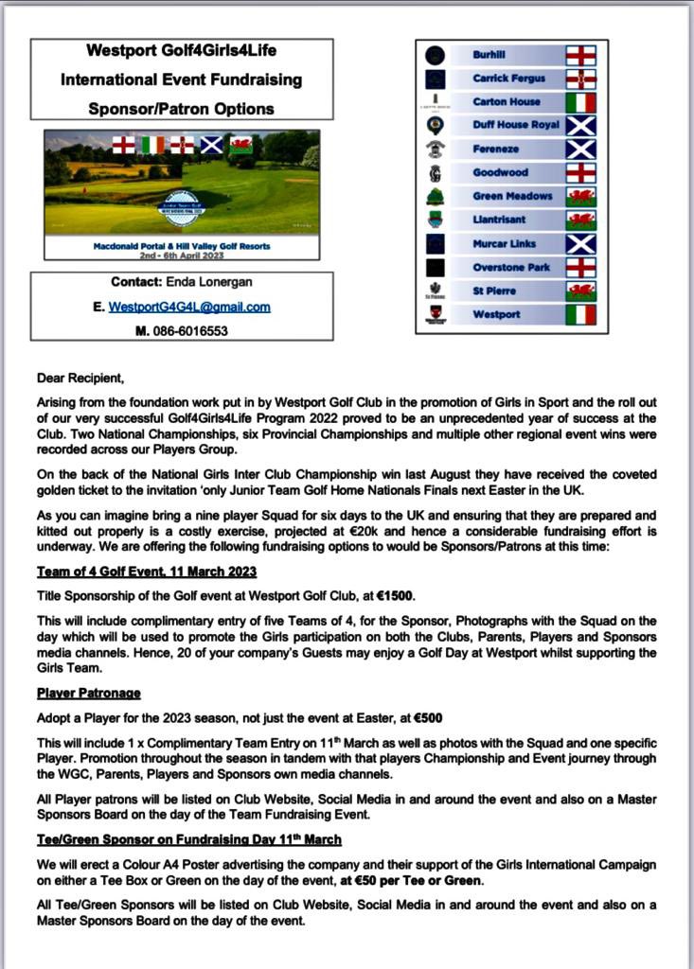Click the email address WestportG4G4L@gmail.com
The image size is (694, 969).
[189, 307]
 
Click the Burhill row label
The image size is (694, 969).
[489, 55]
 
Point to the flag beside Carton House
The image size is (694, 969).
[579, 102]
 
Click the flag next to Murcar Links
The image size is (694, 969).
[579, 244]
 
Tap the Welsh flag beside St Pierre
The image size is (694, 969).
[579, 291]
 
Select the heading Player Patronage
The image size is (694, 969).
[89, 694]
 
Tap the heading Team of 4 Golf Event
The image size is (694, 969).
[147, 572]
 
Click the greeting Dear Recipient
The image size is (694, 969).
[80, 378]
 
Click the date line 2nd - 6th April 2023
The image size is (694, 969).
[182, 255]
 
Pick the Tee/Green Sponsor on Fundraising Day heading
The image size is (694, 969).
[189, 839]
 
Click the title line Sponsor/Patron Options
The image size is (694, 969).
[181, 109]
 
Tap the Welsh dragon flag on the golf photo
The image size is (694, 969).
[240, 145]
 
